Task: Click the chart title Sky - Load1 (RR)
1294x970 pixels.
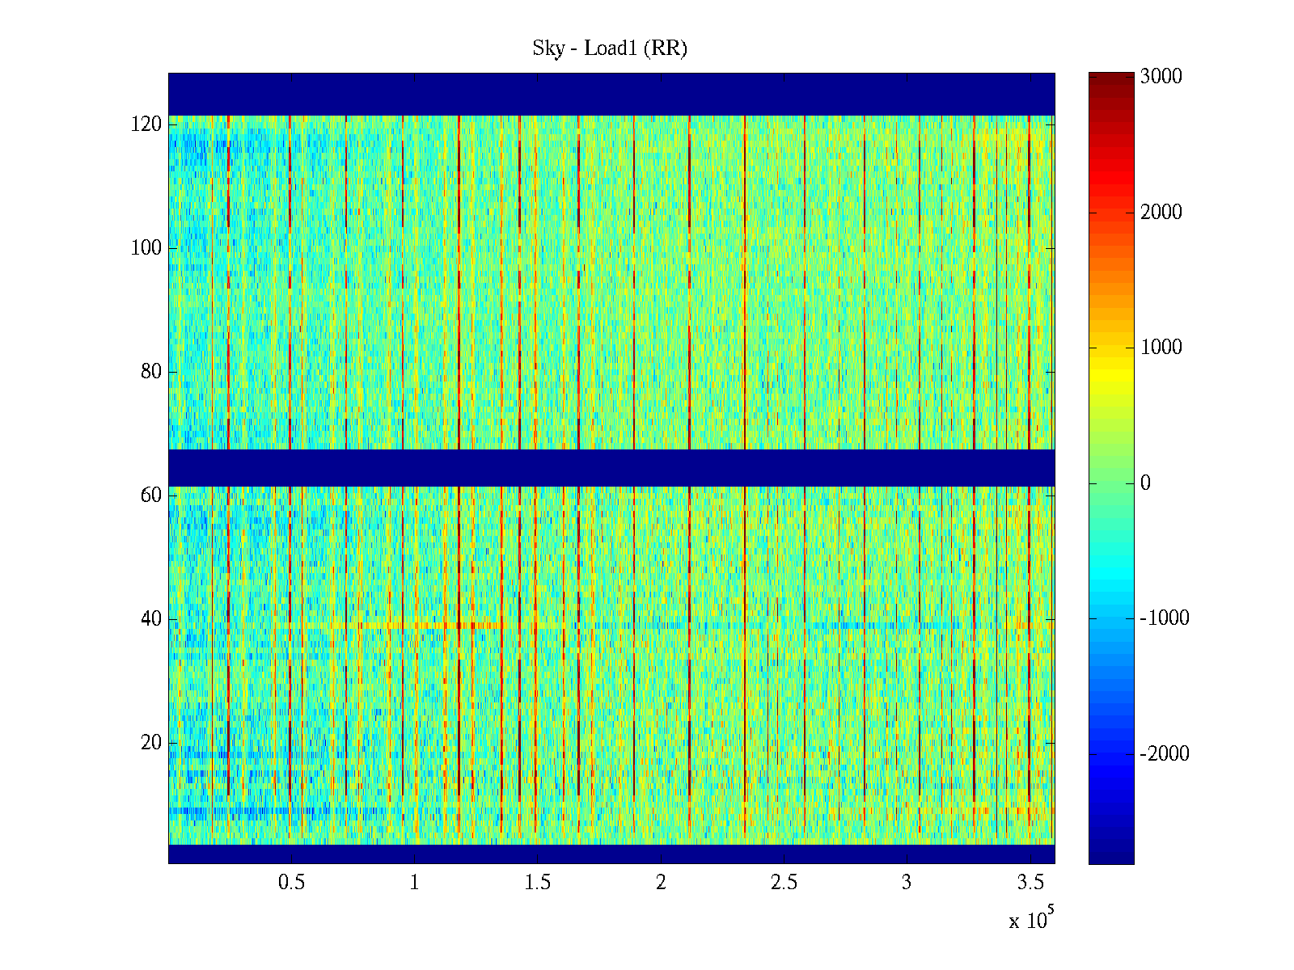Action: pyautogui.click(x=610, y=48)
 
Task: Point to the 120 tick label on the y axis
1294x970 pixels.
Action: pyautogui.click(x=146, y=124)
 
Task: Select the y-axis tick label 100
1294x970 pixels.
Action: pyautogui.click(x=146, y=248)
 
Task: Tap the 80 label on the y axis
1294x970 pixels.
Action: pyautogui.click(x=151, y=372)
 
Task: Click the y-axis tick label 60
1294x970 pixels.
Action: pyautogui.click(x=151, y=496)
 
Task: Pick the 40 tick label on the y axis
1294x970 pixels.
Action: pyautogui.click(x=151, y=619)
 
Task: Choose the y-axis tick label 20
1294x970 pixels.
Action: pyautogui.click(x=151, y=743)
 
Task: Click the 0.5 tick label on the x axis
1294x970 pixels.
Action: pyautogui.click(x=291, y=883)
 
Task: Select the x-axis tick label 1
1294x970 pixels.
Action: pyautogui.click(x=414, y=883)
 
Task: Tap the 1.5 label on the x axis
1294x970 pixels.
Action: pyautogui.click(x=538, y=883)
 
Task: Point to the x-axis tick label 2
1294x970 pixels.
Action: pyautogui.click(x=661, y=883)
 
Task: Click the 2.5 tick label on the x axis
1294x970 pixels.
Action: pyautogui.click(x=784, y=883)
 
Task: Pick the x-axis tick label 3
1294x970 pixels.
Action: pyautogui.click(x=907, y=883)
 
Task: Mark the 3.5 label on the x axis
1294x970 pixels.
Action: pyautogui.click(x=1030, y=883)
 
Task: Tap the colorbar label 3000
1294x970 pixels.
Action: pyautogui.click(x=1161, y=77)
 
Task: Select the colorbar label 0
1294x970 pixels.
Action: pyautogui.click(x=1145, y=483)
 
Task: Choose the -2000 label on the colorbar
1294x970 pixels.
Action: pyautogui.click(x=1165, y=754)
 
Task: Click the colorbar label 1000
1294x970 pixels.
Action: pyautogui.click(x=1161, y=348)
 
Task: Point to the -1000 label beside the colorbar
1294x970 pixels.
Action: pyautogui.click(x=1165, y=618)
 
